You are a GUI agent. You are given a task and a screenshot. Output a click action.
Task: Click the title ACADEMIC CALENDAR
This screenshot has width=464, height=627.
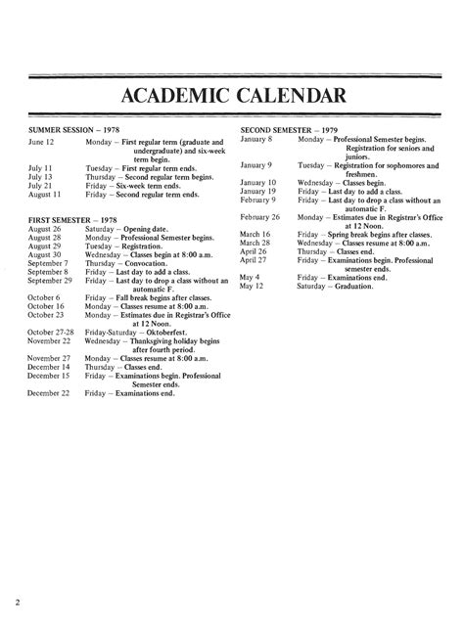point(232,96)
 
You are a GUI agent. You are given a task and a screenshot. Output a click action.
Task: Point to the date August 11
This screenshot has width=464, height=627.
point(45,195)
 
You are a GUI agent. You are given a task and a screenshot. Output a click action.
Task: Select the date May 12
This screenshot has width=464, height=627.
point(251,286)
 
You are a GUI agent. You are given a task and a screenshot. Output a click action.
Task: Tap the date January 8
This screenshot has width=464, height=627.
point(255,141)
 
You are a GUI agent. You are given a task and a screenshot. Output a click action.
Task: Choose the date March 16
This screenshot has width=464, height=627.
point(256,234)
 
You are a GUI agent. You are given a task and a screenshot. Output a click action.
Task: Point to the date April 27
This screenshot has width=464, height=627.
point(254,260)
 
